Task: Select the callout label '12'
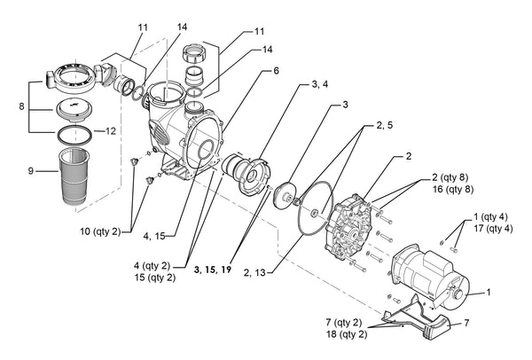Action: (111, 131)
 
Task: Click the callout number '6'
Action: (275, 70)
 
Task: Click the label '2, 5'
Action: (384, 126)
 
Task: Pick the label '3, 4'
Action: (321, 85)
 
